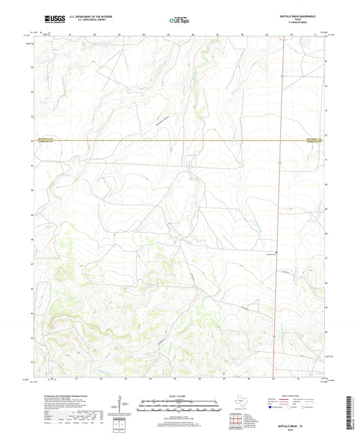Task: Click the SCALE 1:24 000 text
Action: (x=179, y=396)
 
